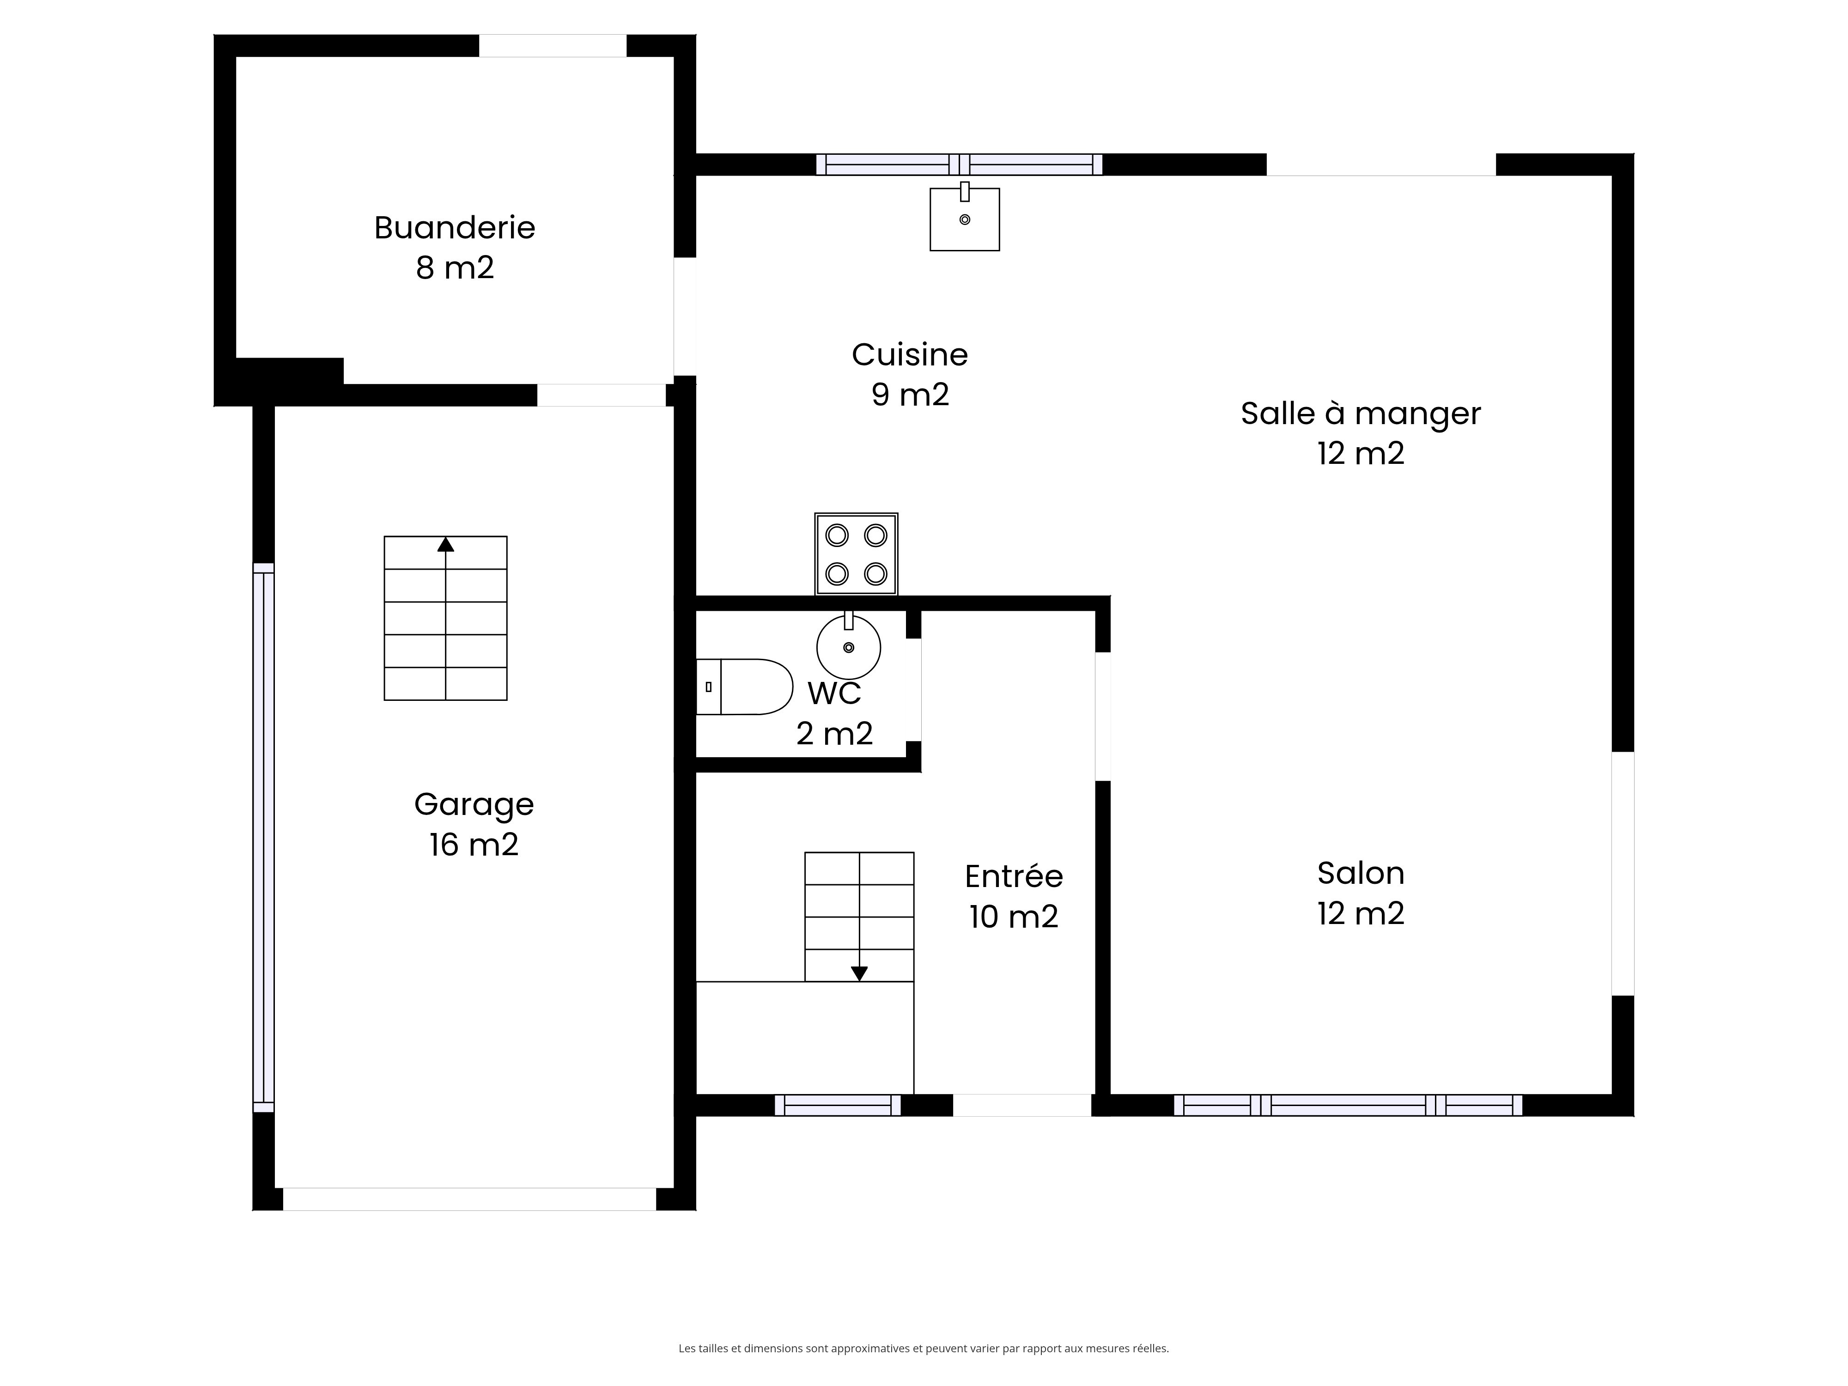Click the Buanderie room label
[x=455, y=227]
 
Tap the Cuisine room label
[x=910, y=355]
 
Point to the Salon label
[x=1361, y=873]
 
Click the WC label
[x=834, y=693]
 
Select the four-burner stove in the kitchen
[x=857, y=554]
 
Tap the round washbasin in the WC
[x=849, y=645]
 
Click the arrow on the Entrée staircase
[x=859, y=973]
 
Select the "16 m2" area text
[x=474, y=845]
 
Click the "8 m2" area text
[x=455, y=267]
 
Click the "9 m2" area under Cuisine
[x=910, y=395]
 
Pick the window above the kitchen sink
[x=959, y=164]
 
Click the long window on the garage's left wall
[x=264, y=838]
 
